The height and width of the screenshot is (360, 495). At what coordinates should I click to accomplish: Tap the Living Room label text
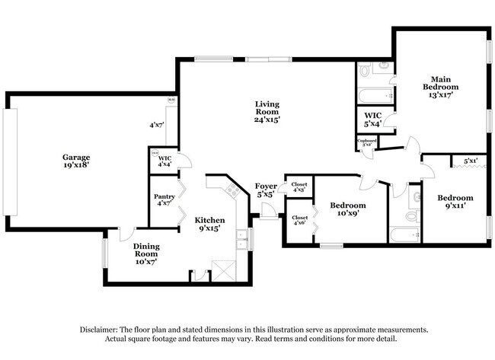267,113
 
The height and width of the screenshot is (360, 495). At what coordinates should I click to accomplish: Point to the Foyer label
266,190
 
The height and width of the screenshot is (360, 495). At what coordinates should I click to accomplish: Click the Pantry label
164,200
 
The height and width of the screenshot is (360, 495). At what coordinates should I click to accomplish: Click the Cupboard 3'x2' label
367,142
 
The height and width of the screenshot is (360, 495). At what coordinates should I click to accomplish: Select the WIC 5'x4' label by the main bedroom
374,119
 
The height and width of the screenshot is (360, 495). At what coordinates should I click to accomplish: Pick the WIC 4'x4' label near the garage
164,161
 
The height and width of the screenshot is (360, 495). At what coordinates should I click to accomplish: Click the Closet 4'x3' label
299,186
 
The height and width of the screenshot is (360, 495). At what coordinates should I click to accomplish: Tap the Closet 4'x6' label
299,221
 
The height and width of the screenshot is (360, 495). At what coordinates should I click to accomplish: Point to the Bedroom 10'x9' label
347,210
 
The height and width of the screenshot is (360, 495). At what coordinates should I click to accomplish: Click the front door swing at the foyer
267,215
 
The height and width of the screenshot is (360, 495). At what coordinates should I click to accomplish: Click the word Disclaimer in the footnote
104,330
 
